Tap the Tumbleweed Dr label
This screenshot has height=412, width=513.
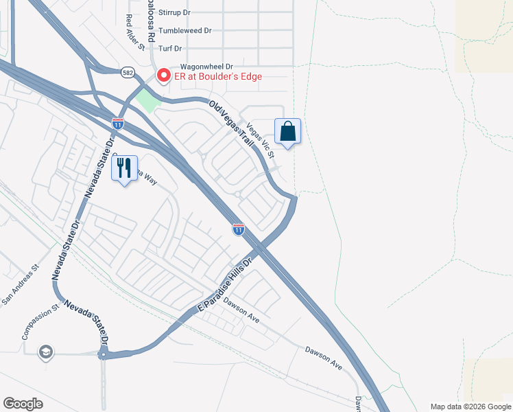click(184, 31)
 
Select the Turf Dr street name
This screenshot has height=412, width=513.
click(169, 48)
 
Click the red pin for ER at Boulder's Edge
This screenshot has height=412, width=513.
click(164, 76)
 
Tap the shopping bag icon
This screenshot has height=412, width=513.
click(288, 131)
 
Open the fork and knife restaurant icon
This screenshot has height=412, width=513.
click(124, 168)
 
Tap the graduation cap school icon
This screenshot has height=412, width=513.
click(47, 352)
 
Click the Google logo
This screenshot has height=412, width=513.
click(23, 404)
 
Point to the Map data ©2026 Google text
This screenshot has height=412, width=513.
click(470, 407)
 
